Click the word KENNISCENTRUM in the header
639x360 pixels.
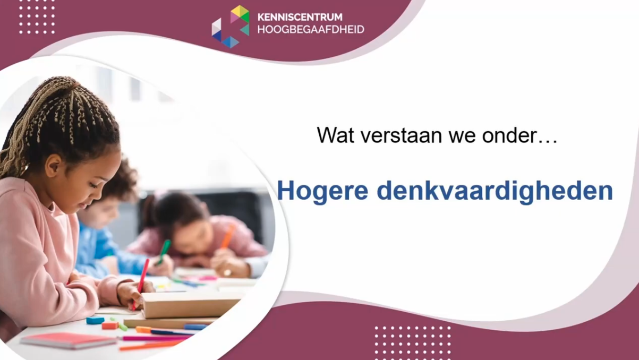coord(300,17)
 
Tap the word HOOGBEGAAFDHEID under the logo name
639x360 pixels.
coord(311,30)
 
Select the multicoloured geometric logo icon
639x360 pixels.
coord(231,27)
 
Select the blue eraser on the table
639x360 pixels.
coord(95,320)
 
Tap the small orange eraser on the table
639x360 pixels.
coord(109,325)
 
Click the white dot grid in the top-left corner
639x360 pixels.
coord(37,16)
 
